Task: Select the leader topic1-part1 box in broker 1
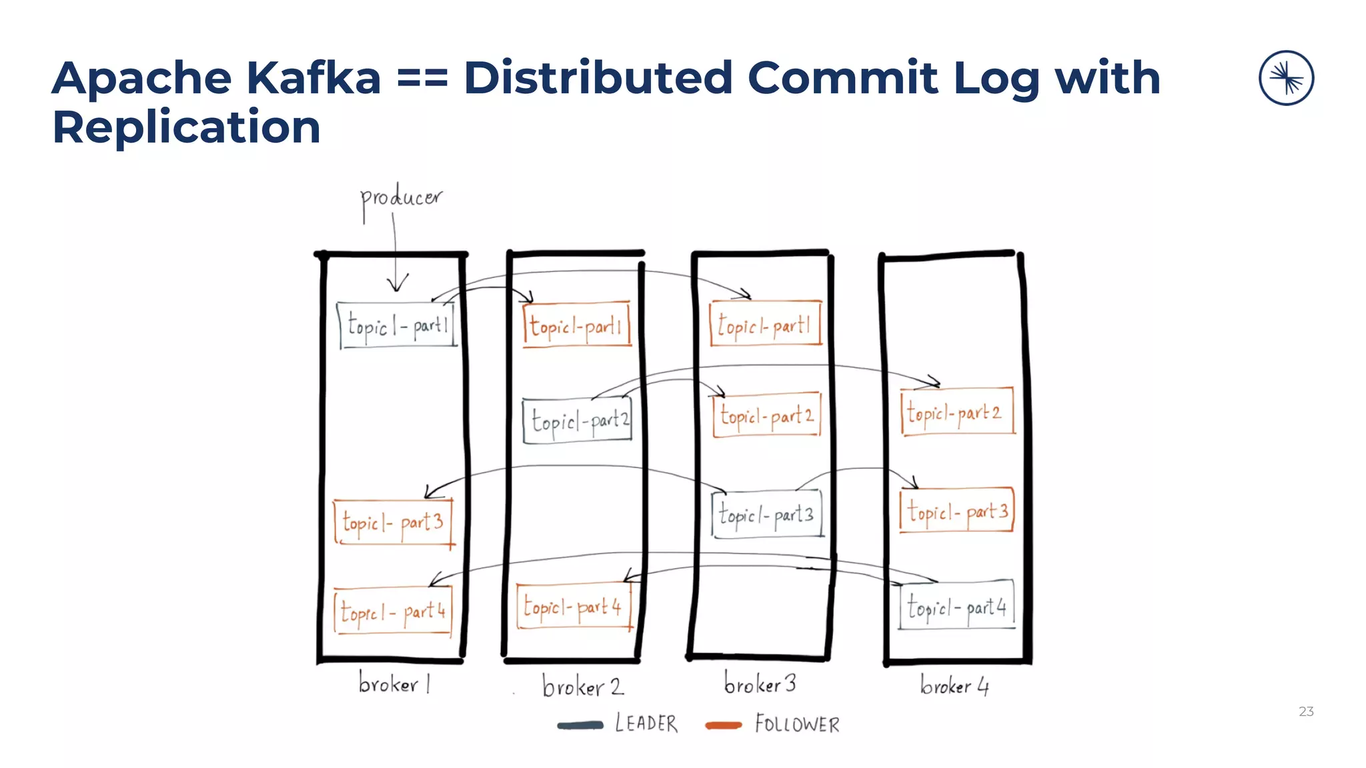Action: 397,325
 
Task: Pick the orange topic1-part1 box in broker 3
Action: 765,324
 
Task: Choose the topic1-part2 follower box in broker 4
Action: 956,412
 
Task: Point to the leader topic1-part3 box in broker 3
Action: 767,514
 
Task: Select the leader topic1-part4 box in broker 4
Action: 956,606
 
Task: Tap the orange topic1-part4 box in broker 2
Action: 574,607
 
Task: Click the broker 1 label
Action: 394,683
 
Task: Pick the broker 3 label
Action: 760,683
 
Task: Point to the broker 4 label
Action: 954,685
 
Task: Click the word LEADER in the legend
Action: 646,723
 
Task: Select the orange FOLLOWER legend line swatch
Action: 724,725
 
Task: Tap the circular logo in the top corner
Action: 1286,78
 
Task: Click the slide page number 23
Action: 1306,711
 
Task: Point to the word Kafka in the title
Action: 313,78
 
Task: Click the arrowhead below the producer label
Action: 397,285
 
